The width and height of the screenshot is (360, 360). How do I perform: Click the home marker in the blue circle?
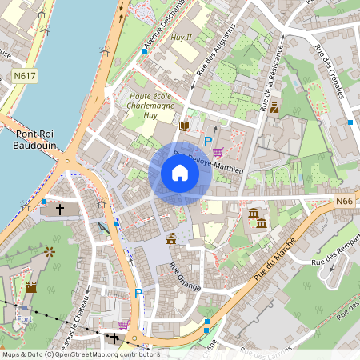pyautogui.click(x=180, y=173)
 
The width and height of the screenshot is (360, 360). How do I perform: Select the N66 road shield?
pyautogui.click(x=344, y=202)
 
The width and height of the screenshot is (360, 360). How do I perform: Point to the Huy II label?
pyautogui.click(x=182, y=38)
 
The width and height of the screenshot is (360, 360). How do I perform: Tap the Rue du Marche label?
pyautogui.click(x=275, y=258)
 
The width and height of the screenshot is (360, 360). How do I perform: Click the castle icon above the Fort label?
pyautogui.click(x=31, y=286)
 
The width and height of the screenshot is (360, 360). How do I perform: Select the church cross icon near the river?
pyautogui.click(x=59, y=209)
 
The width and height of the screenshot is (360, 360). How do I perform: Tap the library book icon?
pyautogui.click(x=186, y=126)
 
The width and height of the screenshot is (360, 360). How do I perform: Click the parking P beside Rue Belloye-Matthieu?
pyautogui.click(x=208, y=142)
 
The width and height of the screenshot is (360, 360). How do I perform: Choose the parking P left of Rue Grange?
pyautogui.click(x=138, y=294)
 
